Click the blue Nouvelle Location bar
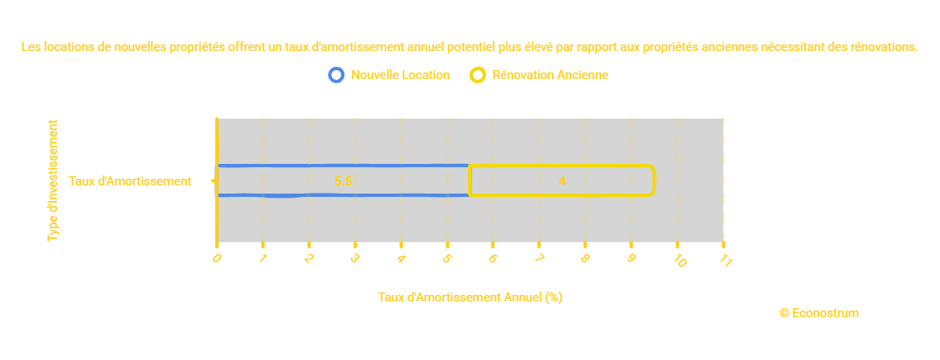pyautogui.click(x=343, y=180)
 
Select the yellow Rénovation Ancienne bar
pyautogui.click(x=562, y=180)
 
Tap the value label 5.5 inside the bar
pyautogui.click(x=344, y=181)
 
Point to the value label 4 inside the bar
pyautogui.click(x=562, y=181)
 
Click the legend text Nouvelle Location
pyautogui.click(x=400, y=75)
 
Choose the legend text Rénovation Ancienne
pyautogui.click(x=550, y=75)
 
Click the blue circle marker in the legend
pyautogui.click(x=335, y=75)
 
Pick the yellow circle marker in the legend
pyautogui.click(x=477, y=75)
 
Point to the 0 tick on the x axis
pyautogui.click(x=217, y=258)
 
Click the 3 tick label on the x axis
pyautogui.click(x=355, y=259)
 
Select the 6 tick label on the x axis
pyautogui.click(x=493, y=259)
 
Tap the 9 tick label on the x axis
pyautogui.click(x=631, y=259)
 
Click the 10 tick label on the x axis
pyautogui.click(x=680, y=260)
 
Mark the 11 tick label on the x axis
pyautogui.click(x=726, y=260)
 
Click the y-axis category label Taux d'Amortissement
pyautogui.click(x=130, y=181)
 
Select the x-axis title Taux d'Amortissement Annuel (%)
pyautogui.click(x=470, y=297)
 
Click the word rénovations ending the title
pyautogui.click(x=883, y=48)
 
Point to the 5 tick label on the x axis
pyautogui.click(x=447, y=259)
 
